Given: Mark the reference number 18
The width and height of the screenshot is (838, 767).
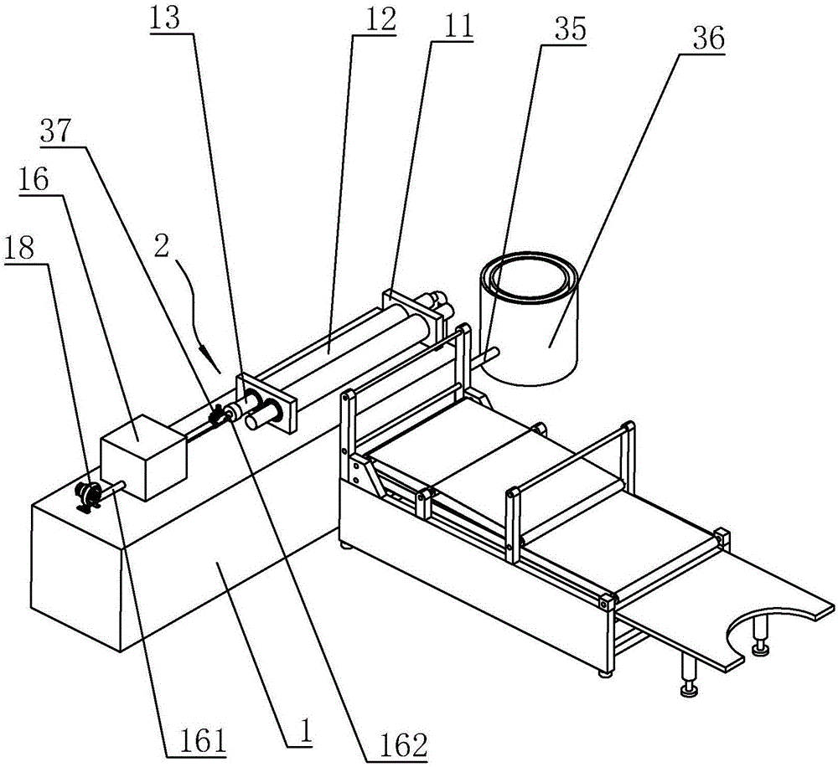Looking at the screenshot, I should click(25, 249).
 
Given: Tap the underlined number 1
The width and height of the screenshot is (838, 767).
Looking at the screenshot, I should click(305, 733).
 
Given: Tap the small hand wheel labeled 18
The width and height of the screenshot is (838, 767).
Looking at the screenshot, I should click(85, 497).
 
